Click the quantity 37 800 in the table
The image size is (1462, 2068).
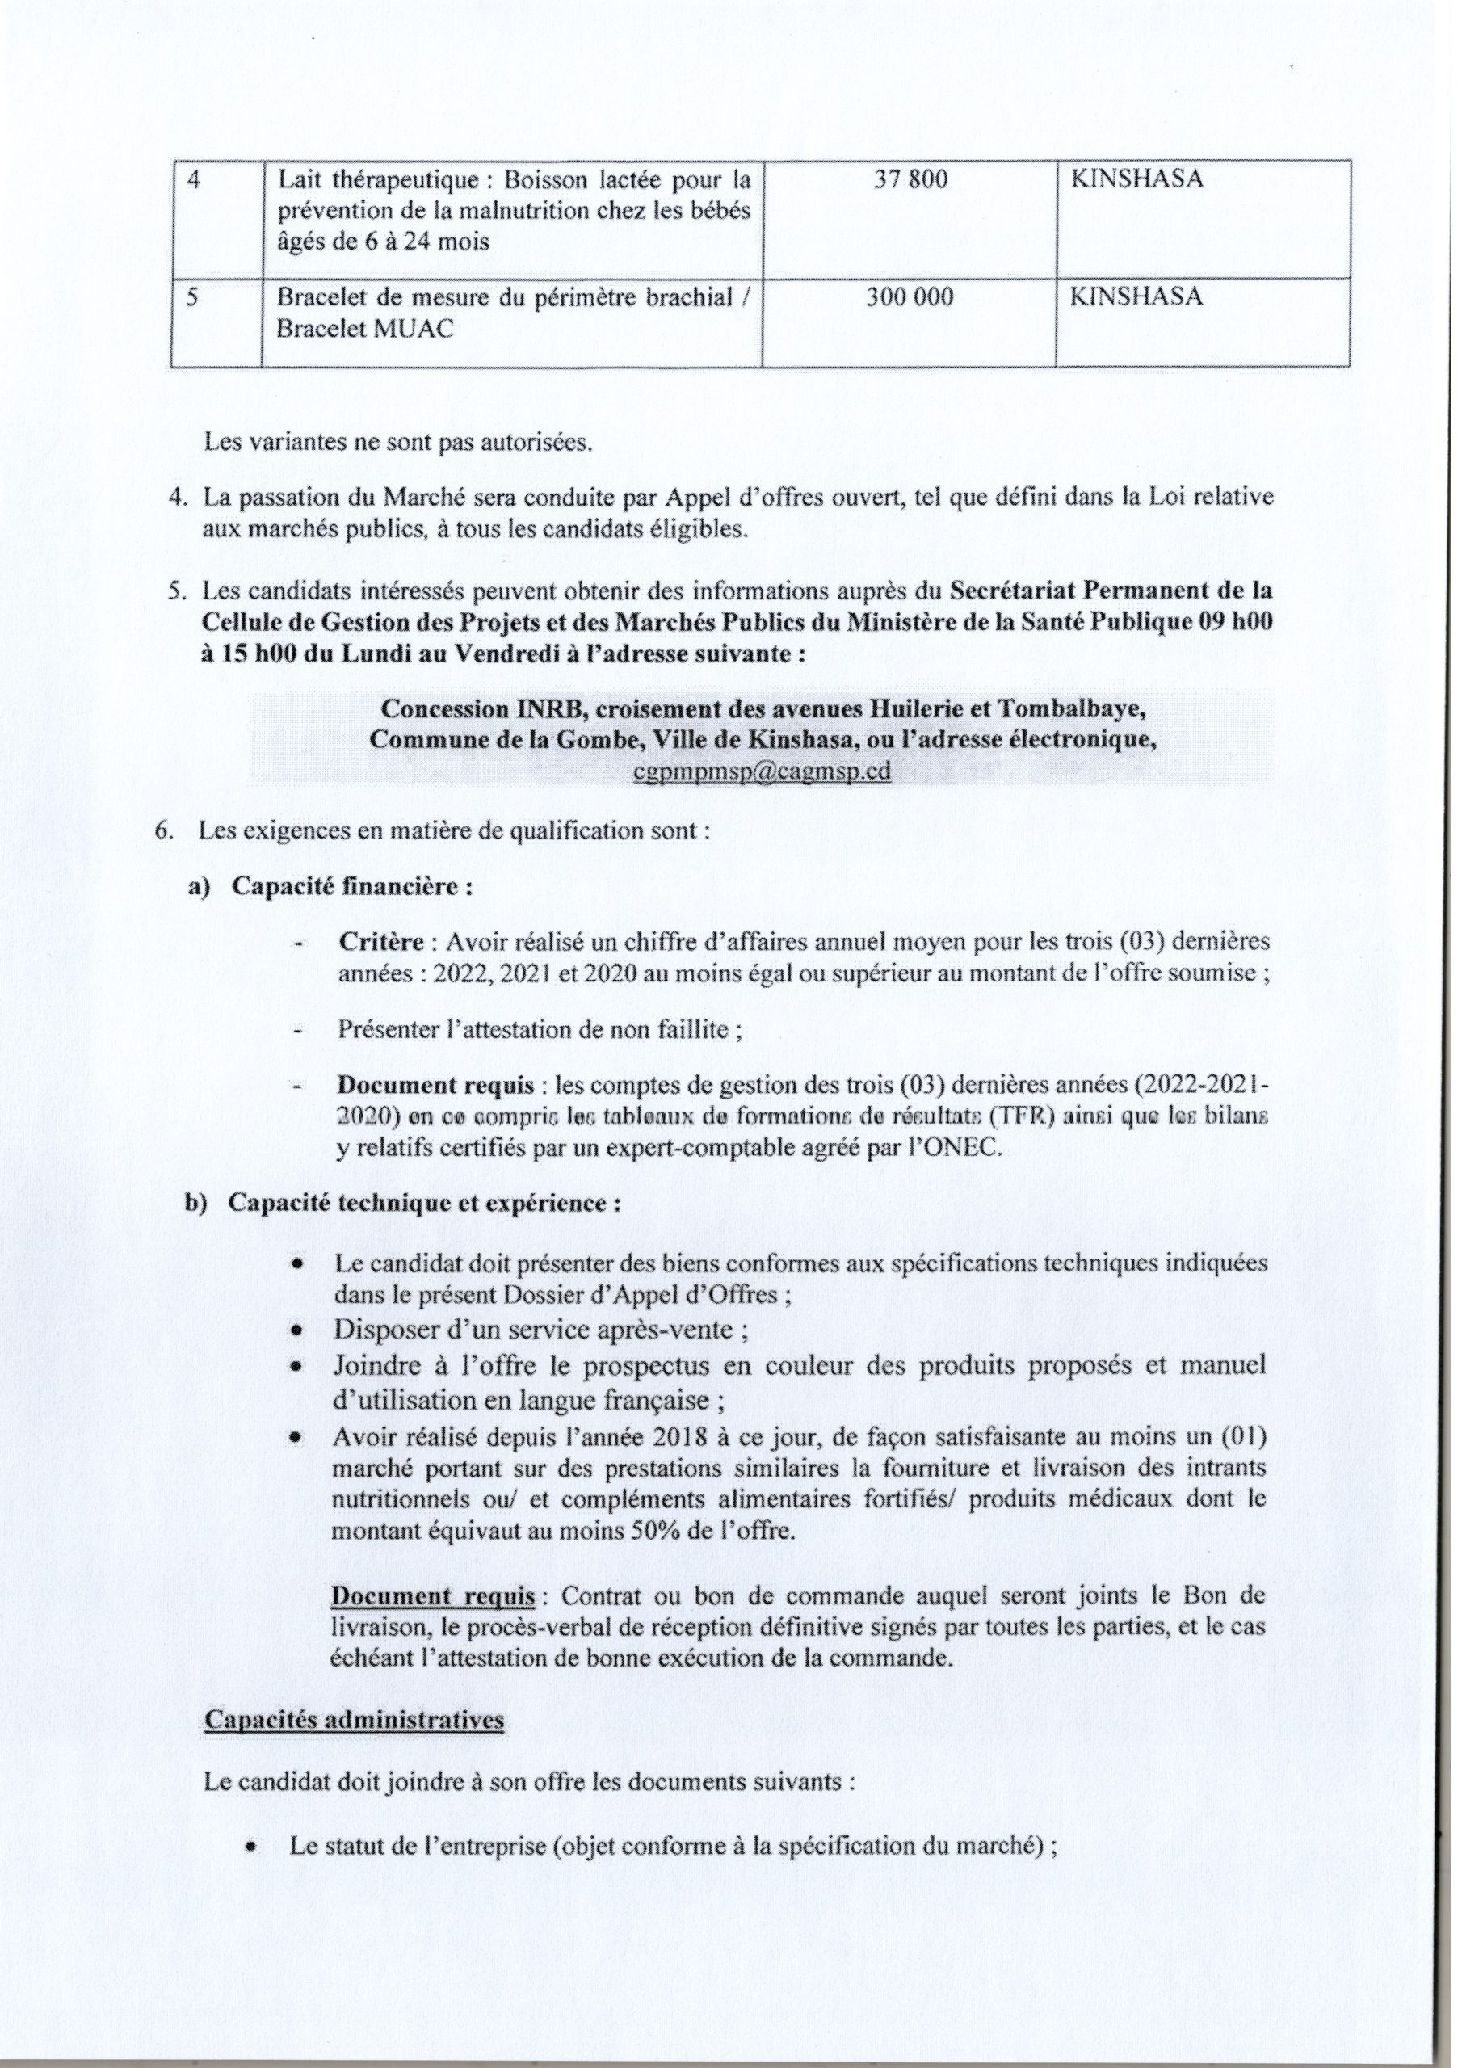[910, 180]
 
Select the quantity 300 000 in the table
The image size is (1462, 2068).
[909, 297]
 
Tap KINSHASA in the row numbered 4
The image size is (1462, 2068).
[1135, 180]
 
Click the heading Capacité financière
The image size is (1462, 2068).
[352, 886]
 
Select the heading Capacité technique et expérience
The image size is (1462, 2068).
[423, 1204]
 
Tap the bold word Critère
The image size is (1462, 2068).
[381, 942]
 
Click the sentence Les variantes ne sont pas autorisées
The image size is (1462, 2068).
[397, 443]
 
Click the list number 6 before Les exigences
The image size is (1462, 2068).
[164, 830]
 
